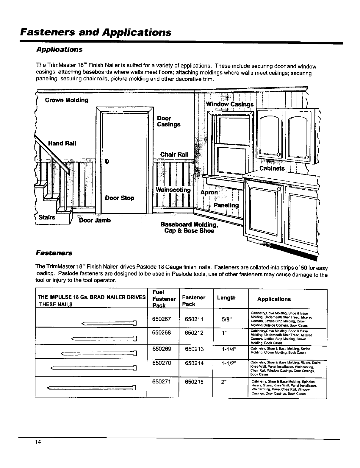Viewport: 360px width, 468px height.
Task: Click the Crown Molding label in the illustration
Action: click(x=67, y=100)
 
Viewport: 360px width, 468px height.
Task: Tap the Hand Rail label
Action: click(x=62, y=143)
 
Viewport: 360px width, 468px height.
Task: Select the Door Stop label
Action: click(x=120, y=198)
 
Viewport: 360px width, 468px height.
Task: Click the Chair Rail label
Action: click(x=174, y=155)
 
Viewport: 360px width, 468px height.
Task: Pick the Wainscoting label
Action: click(x=173, y=190)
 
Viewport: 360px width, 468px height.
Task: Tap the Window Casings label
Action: click(x=230, y=104)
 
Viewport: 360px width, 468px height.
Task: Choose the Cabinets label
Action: click(x=272, y=169)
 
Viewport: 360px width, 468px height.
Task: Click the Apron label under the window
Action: click(x=209, y=193)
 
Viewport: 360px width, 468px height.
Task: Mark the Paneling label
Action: click(x=226, y=205)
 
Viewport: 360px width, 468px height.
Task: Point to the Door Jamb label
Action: click(x=95, y=220)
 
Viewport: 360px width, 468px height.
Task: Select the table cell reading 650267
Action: click(x=161, y=319)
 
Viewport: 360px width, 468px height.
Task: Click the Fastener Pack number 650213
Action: click(x=194, y=349)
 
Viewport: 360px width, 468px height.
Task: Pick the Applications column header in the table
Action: click(x=274, y=299)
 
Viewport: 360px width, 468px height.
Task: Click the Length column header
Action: click(x=226, y=298)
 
